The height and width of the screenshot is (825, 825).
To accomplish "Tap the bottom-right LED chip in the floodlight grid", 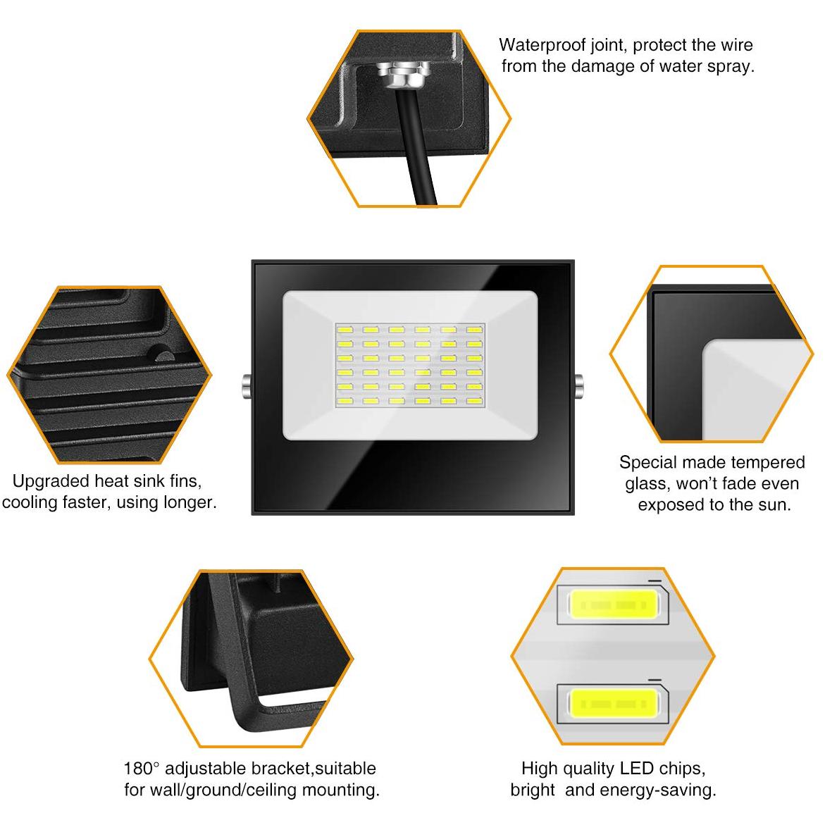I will click(x=473, y=400).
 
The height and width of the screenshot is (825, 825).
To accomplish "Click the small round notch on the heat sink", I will click(x=160, y=353).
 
